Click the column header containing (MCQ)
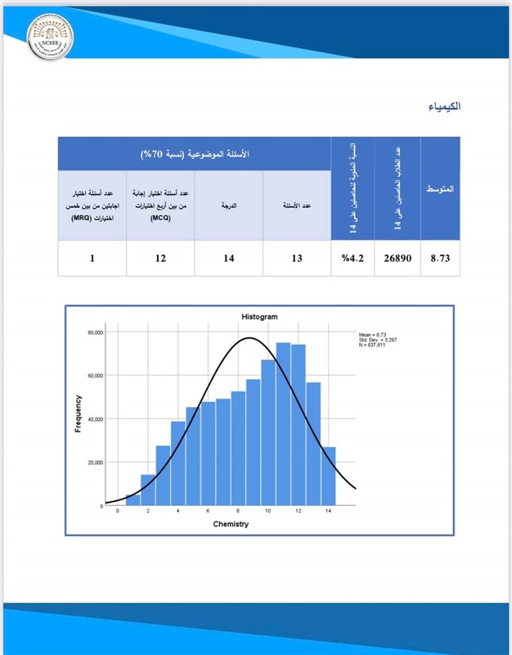point(160,205)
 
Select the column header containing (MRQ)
point(92,205)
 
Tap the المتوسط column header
point(440,189)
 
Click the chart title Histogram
point(259,316)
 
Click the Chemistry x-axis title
point(231,523)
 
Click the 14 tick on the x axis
point(328,511)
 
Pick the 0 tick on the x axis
point(118,511)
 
